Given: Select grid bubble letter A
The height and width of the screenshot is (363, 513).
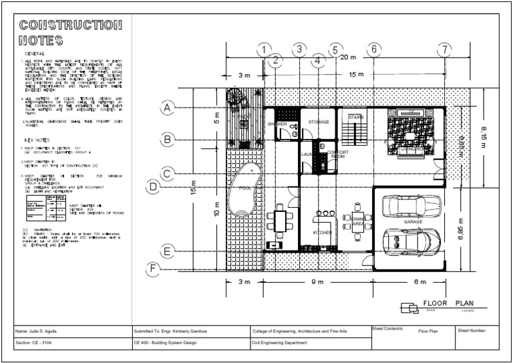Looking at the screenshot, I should [x=168, y=108].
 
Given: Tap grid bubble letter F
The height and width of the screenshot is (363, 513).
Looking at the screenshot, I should [x=154, y=269].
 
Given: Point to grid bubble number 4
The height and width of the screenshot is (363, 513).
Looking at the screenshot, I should [x=319, y=61].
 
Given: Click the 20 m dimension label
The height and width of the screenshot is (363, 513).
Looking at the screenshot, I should [x=347, y=57].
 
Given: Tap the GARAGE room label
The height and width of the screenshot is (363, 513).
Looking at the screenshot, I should [x=412, y=221].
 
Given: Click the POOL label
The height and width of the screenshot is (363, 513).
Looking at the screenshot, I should [x=245, y=188].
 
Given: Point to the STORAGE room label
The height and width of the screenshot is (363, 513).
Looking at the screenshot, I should [x=319, y=122].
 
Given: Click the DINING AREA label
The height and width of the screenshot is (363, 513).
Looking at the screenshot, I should [x=357, y=221].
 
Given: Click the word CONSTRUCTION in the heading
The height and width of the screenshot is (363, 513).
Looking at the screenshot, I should [x=70, y=26].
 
